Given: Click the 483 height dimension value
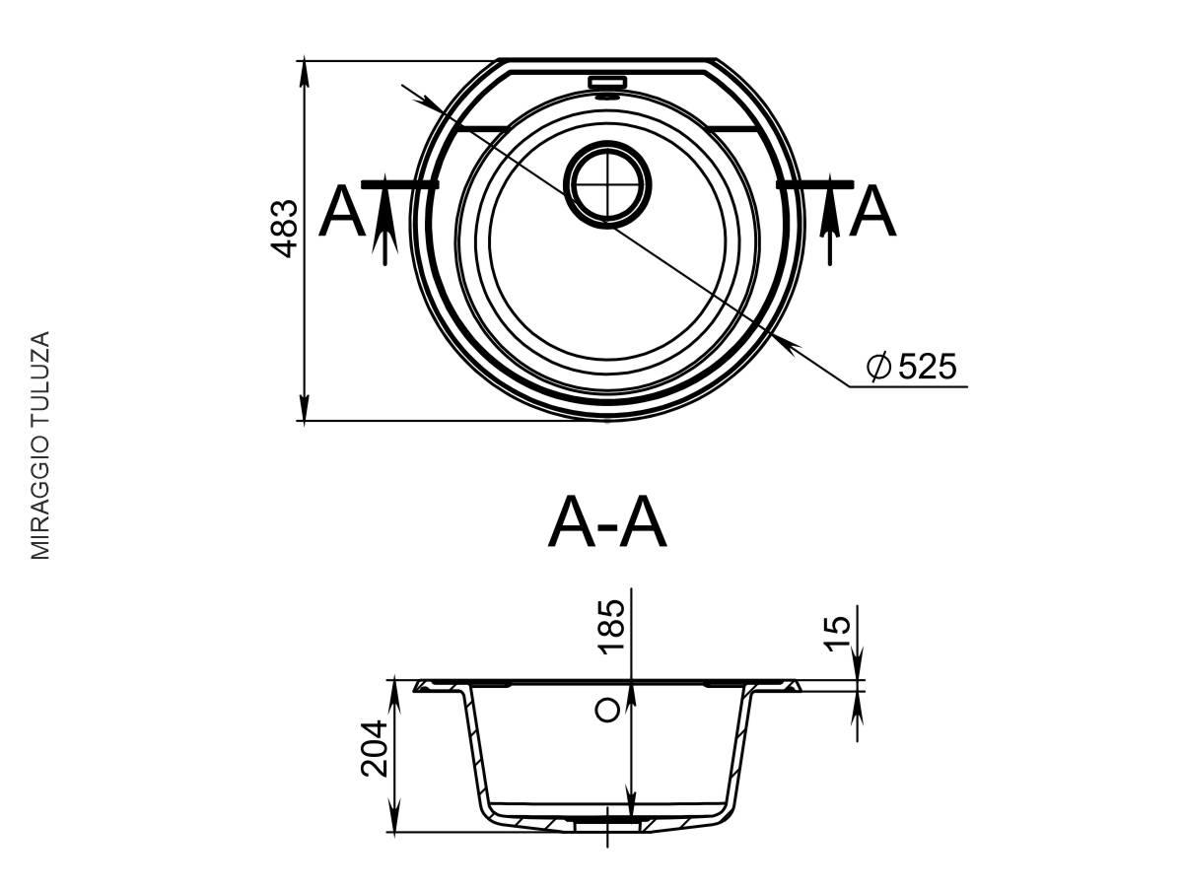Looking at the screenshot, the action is (284, 229).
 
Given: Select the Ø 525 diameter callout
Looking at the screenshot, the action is (911, 366).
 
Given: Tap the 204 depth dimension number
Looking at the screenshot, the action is (375, 748).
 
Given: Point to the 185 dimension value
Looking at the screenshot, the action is (611, 627).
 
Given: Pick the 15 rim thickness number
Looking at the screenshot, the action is (838, 634).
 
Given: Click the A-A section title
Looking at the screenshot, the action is (607, 522).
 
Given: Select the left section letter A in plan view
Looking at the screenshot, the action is (341, 211).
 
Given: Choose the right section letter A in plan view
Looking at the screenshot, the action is (872, 211).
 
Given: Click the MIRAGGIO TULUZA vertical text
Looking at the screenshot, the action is (40, 445).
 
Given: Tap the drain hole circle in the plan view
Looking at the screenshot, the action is (607, 184).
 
